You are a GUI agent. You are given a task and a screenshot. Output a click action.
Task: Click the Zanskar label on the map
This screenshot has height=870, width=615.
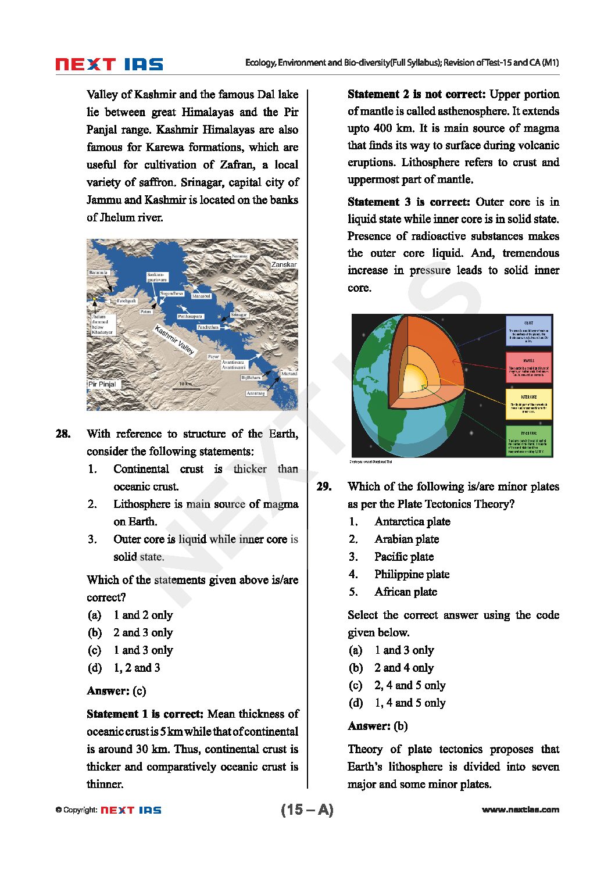[284, 264]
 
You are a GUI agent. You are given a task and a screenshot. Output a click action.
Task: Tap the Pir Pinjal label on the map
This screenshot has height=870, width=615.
[102, 384]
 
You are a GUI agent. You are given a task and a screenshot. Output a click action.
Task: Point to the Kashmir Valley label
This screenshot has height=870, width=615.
[174, 340]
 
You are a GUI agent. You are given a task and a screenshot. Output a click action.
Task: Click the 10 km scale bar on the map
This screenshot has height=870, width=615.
[186, 388]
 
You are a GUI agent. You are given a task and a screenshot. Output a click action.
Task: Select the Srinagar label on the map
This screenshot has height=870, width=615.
[239, 314]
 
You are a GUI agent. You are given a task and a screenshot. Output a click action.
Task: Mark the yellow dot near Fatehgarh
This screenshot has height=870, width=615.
[95, 299]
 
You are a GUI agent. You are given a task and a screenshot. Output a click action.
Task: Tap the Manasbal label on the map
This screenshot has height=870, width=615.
[201, 296]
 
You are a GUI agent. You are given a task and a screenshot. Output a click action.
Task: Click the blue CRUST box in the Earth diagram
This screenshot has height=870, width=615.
[528, 331]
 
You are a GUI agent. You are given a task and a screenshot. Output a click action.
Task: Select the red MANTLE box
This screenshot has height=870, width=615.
[528, 367]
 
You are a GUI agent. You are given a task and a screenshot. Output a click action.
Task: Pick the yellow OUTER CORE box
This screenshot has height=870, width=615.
[528, 404]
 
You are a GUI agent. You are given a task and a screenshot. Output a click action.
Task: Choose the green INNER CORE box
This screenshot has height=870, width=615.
[528, 441]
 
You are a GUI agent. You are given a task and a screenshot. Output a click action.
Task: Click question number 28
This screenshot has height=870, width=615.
[63, 434]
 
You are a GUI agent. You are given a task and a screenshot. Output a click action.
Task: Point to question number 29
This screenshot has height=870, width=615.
[324, 486]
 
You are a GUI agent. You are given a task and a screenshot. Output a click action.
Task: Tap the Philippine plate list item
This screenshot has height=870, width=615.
[412, 574]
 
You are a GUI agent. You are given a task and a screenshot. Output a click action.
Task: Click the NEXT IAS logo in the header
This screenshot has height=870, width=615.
[109, 64]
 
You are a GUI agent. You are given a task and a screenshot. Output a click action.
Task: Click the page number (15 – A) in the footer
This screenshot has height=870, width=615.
[307, 810]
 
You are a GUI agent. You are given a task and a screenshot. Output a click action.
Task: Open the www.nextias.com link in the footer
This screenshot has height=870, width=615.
[520, 810]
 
